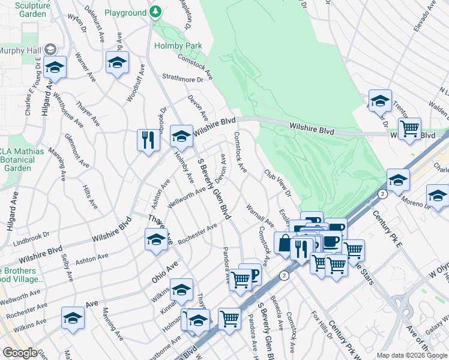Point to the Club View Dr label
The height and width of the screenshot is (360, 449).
pos(278,182)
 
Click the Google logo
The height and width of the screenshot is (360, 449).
pos(20,353)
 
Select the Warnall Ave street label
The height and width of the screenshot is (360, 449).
pos(260,215)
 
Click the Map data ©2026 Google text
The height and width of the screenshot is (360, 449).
pos(411,355)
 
